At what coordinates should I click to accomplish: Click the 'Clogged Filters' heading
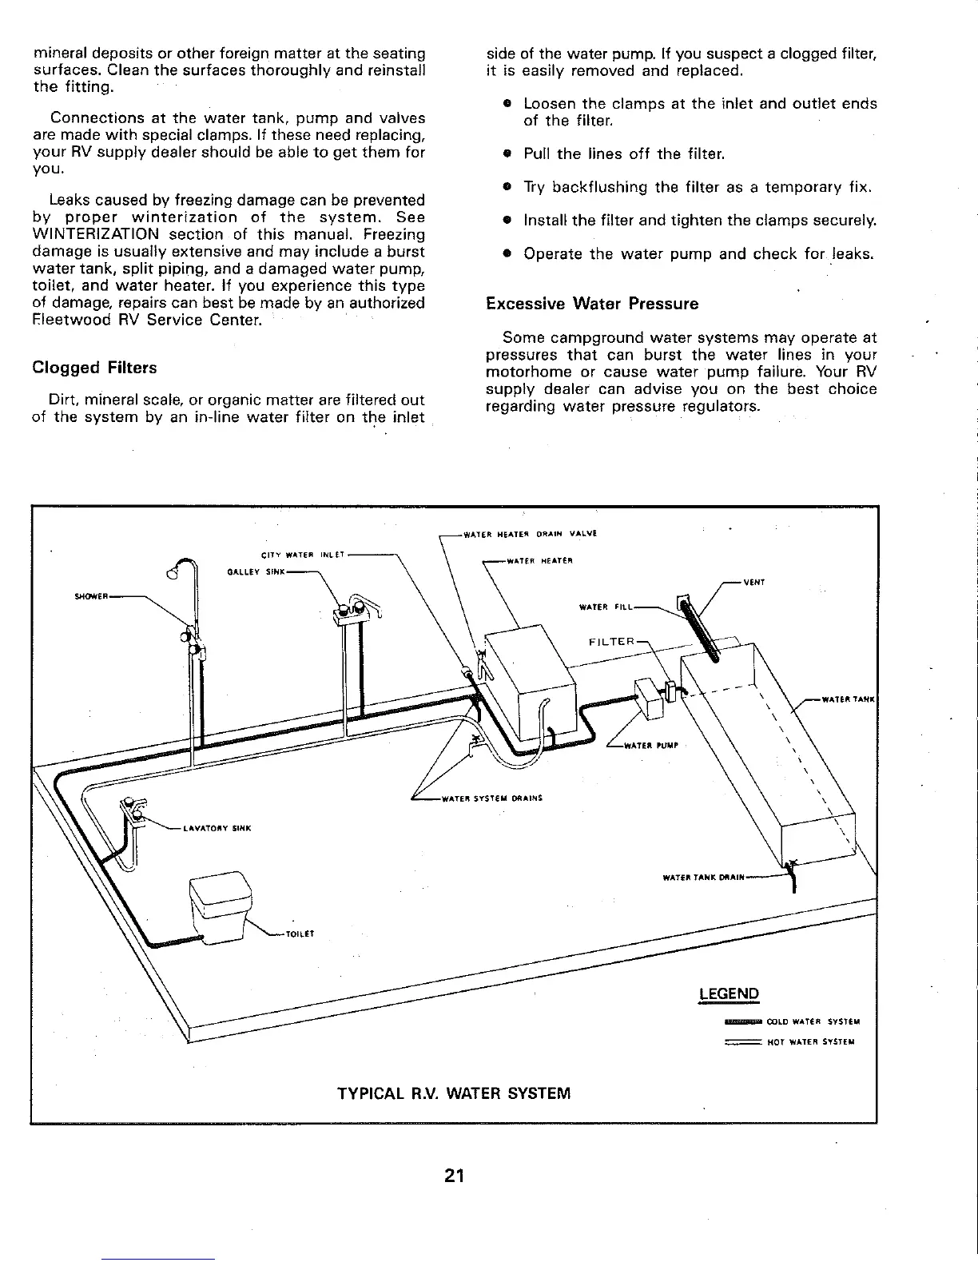click(94, 368)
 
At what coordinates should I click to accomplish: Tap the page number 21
click(455, 1176)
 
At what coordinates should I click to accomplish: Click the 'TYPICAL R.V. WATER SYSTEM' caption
click(455, 1093)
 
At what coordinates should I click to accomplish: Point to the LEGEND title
click(728, 994)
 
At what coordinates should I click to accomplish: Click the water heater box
click(531, 675)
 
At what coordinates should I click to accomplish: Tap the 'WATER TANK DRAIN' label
click(704, 878)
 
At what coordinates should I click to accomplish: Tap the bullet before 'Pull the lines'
click(507, 153)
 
